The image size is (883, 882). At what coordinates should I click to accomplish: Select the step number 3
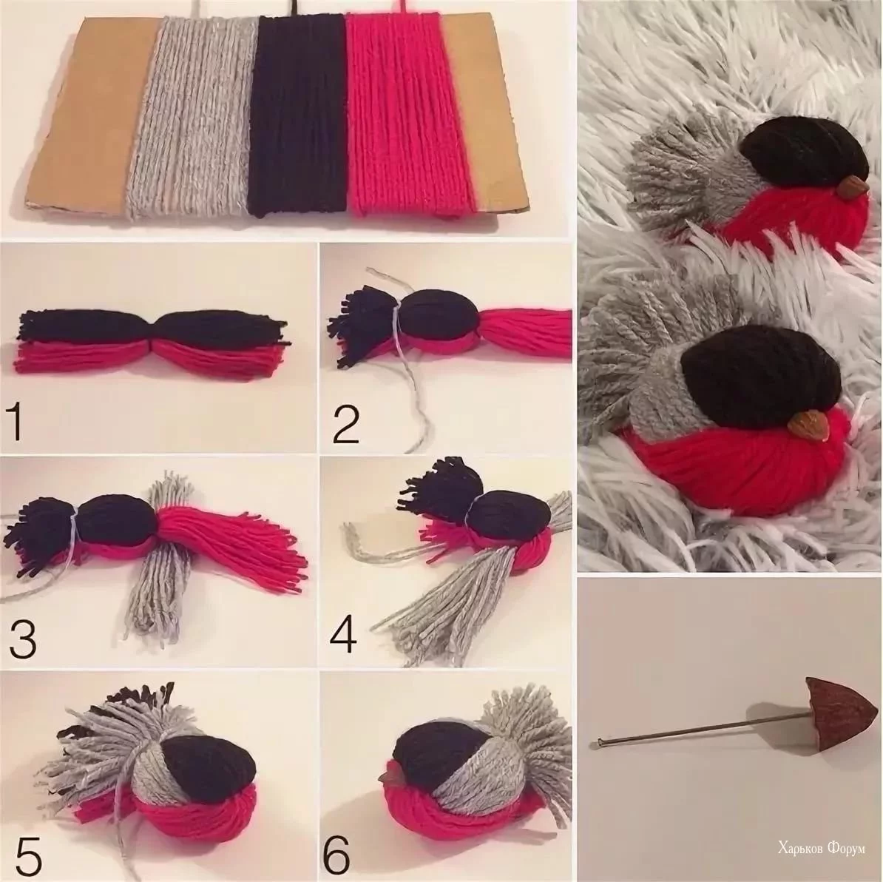point(22,636)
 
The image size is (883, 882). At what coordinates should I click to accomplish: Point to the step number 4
point(344,636)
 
